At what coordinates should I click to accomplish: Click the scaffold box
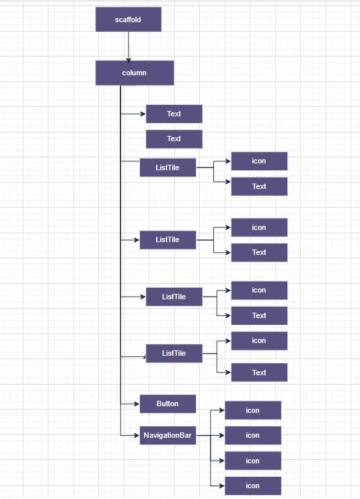click(129, 20)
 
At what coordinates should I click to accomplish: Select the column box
click(135, 73)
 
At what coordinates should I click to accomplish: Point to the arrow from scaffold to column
click(129, 47)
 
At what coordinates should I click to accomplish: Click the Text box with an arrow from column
click(174, 114)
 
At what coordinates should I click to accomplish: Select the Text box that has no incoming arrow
click(174, 139)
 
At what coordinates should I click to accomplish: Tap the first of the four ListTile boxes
click(168, 167)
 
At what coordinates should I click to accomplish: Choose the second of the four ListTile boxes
click(168, 239)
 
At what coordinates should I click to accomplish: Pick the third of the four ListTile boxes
click(174, 297)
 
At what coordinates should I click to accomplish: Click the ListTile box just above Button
click(174, 353)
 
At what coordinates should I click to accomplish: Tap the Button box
click(168, 404)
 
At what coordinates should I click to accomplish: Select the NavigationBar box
click(168, 435)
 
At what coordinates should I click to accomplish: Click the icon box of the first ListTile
click(259, 161)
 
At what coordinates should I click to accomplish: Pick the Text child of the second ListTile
click(259, 252)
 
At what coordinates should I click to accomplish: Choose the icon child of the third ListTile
click(259, 291)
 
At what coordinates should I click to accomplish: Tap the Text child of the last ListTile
click(259, 373)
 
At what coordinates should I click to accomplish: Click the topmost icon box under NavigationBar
click(253, 410)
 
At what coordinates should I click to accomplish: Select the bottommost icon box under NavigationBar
click(253, 486)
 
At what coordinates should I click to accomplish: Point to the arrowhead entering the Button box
click(137, 404)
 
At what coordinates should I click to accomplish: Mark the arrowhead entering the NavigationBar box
click(137, 435)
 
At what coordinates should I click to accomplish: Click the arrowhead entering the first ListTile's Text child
click(228, 182)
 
